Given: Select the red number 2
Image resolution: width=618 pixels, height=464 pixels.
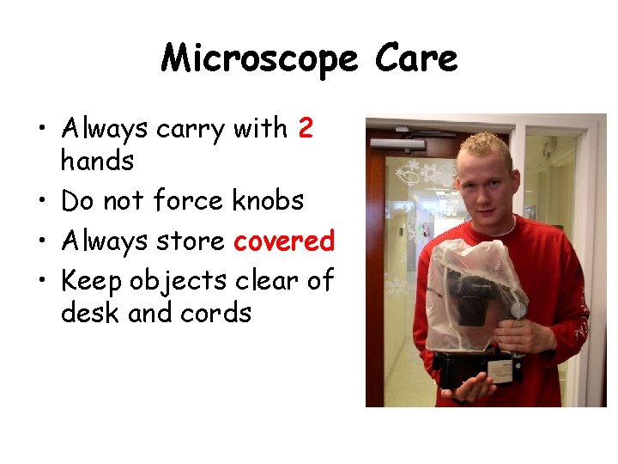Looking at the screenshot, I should pos(306,129).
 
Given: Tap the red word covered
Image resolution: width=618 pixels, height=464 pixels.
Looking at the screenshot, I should pos(284,241).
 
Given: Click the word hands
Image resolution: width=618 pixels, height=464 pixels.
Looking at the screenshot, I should pos(97,161).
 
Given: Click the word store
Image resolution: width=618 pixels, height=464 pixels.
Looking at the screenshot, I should pos(191,241).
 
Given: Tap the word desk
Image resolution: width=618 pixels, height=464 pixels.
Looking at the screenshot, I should pos(91,313).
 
